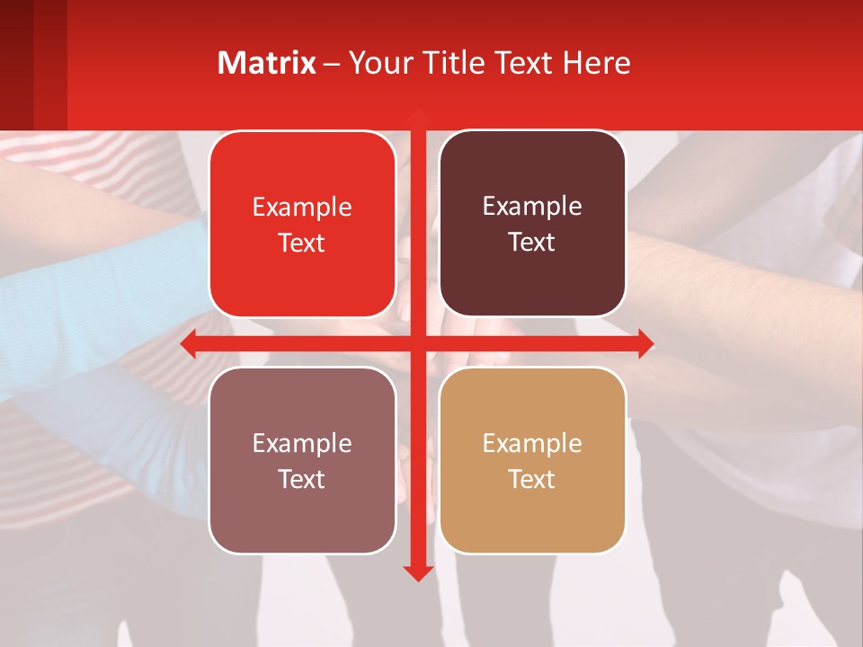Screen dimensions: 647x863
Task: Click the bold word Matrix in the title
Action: coord(266,63)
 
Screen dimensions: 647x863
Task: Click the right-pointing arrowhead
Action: coord(645,344)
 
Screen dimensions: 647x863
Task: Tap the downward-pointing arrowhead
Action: coord(417,572)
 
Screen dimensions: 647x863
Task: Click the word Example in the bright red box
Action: coord(302,207)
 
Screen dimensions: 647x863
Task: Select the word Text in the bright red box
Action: coord(302,243)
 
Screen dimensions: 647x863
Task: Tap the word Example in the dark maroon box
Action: coord(532,206)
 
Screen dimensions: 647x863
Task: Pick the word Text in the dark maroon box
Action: coord(532,242)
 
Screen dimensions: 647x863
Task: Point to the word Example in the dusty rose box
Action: coord(302,443)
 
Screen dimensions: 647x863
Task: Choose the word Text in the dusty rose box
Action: coord(302,479)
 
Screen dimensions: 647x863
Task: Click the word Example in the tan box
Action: coord(532,443)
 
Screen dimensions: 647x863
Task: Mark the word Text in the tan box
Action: coord(532,479)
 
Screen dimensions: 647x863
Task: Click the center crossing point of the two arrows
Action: coord(417,344)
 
